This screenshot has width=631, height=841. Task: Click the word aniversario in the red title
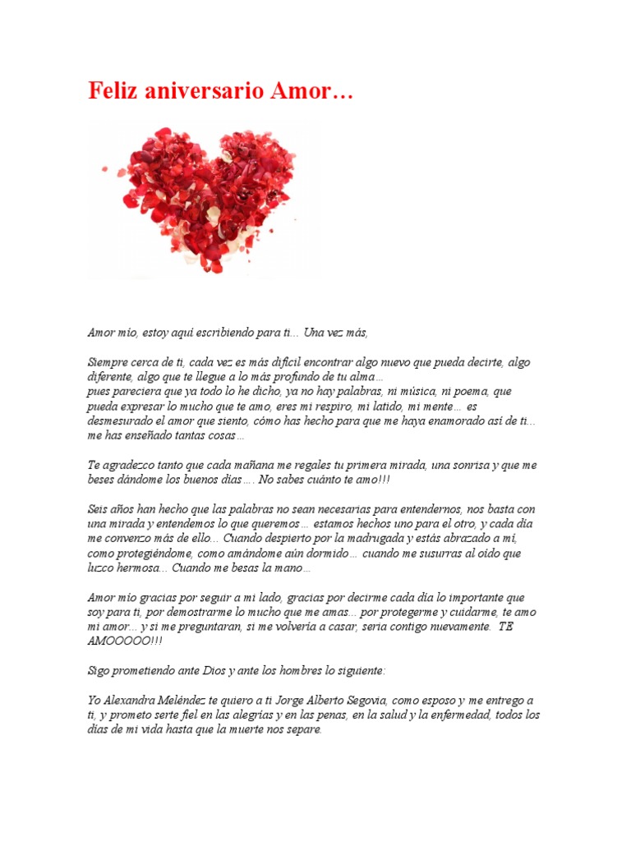coord(205,91)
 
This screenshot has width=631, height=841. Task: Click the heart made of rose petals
coord(201,197)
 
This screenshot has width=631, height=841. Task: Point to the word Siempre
coord(108,361)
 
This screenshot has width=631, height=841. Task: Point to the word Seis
coord(99,508)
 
